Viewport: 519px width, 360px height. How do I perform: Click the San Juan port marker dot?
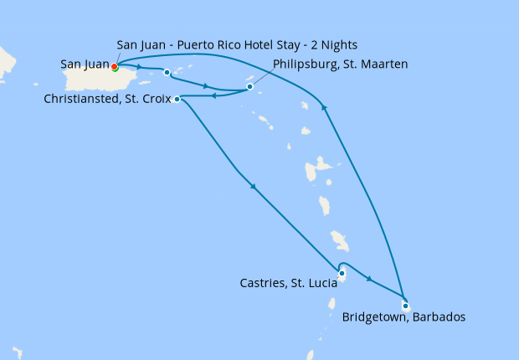point(115,67)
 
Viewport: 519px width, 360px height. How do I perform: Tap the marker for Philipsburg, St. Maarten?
point(249,86)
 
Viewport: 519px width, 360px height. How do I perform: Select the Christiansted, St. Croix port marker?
point(177,99)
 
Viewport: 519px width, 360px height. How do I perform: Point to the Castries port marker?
point(342,273)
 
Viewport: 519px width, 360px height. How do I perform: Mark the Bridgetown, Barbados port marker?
point(405,305)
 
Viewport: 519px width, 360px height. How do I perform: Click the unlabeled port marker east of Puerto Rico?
point(167,72)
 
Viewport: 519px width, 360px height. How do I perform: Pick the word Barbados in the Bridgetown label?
point(436,317)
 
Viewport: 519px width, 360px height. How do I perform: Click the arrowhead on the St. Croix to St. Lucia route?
point(252,186)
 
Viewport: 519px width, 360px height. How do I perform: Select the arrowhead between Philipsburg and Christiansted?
point(214,95)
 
